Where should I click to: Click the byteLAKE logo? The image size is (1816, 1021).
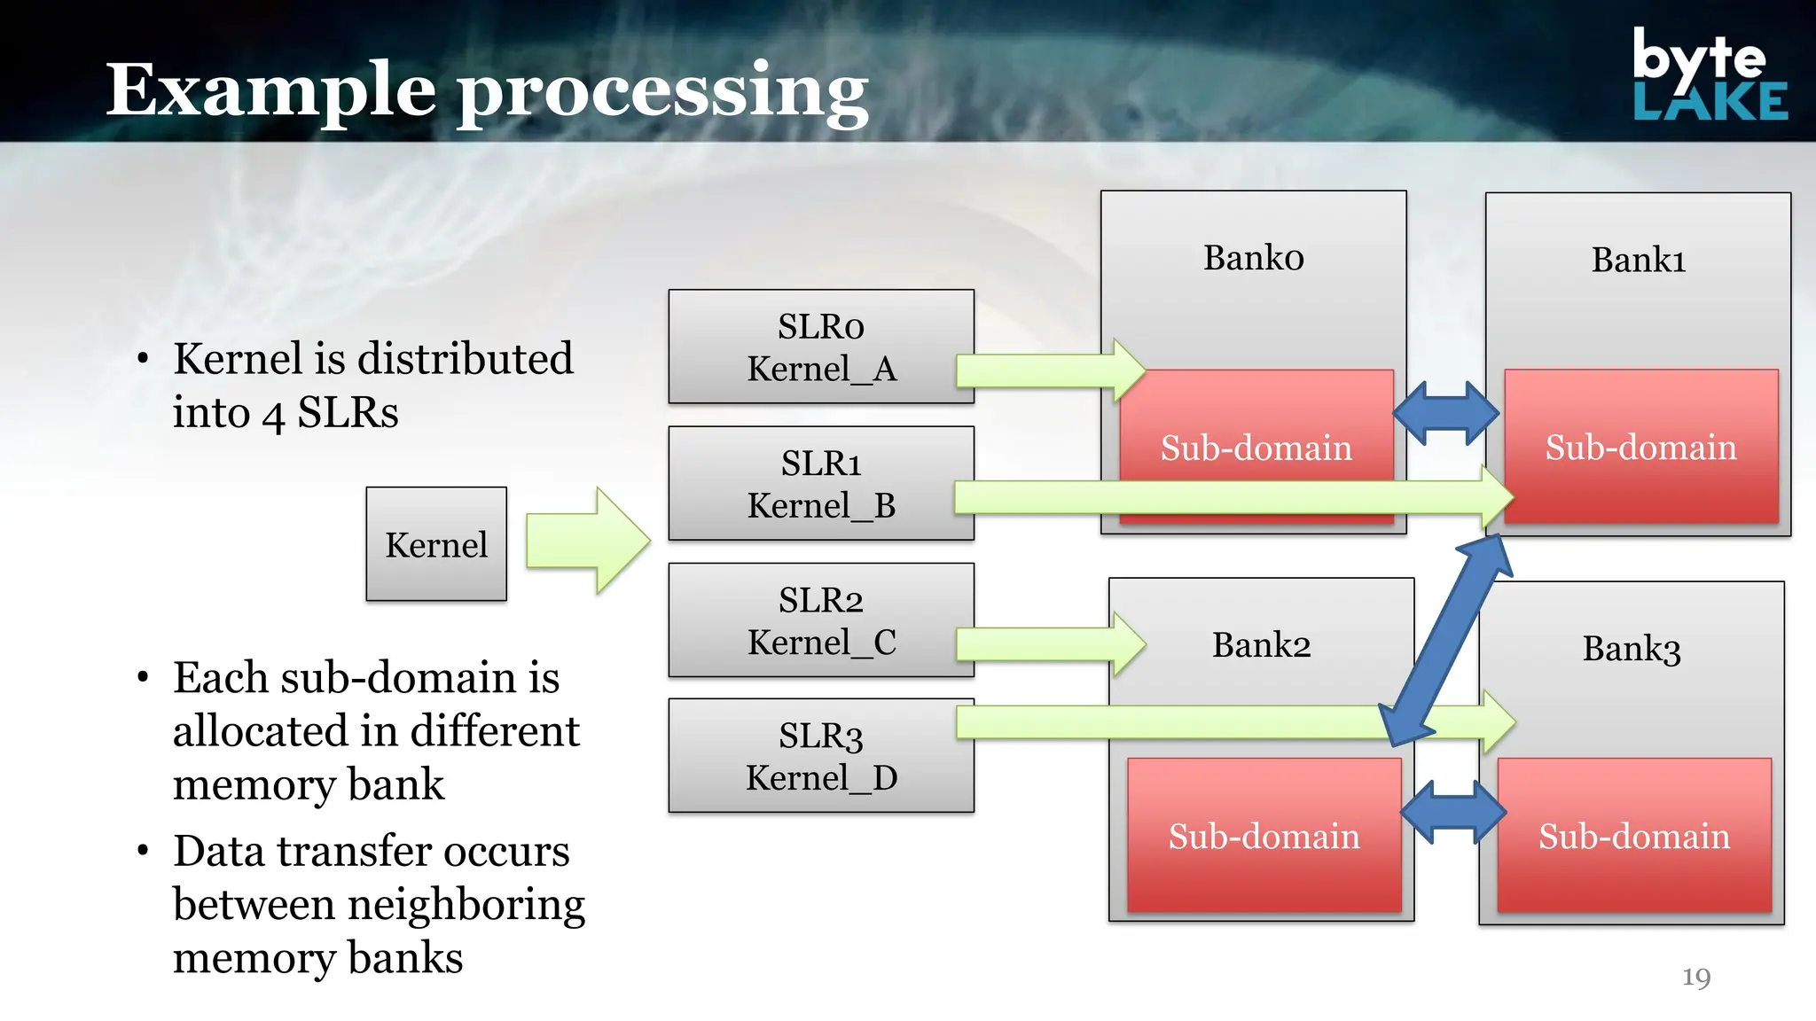coord(1709,75)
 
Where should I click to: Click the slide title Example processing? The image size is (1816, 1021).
coord(487,90)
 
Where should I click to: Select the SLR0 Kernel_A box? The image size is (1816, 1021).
coord(821,347)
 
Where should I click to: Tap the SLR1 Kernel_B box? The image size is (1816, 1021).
coord(821,483)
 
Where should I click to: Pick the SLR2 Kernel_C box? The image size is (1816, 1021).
coord(821,620)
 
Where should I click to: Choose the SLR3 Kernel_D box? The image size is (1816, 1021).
coord(821,756)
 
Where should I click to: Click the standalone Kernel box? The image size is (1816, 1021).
coord(436,544)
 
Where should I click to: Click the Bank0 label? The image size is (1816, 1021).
coord(1253,258)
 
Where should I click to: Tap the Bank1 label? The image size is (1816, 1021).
coord(1638,261)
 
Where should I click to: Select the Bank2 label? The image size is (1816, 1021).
coord(1261,645)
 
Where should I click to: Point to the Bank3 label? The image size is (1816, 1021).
coord(1631,649)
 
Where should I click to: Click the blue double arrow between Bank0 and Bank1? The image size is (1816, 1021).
coord(1445,413)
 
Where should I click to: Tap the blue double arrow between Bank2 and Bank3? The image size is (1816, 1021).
coord(1453,812)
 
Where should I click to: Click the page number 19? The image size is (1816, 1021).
coord(1695,977)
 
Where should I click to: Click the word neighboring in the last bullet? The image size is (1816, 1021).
coord(466,906)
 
